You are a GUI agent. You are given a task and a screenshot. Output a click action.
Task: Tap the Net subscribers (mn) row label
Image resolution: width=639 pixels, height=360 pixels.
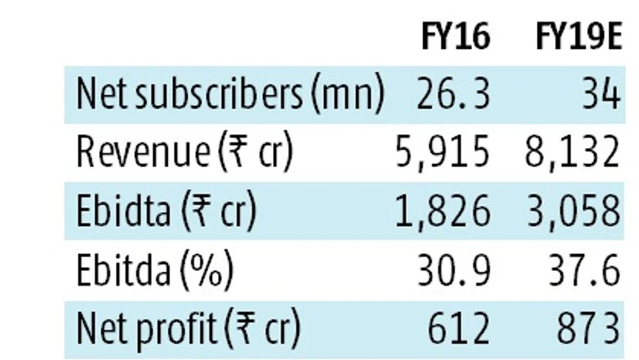tap(230, 94)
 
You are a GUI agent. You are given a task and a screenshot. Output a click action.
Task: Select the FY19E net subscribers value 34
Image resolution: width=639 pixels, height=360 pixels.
tap(599, 94)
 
